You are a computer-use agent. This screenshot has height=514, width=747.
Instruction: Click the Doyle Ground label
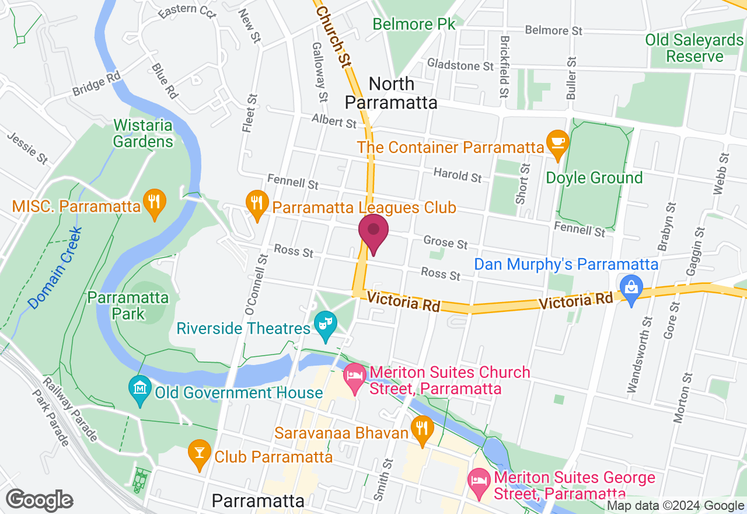pos(594,178)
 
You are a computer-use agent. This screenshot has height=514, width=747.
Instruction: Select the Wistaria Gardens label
pos(143,133)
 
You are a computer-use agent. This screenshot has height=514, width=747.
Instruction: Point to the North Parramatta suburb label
pos(391,93)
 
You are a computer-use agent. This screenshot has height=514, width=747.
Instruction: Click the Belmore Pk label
pos(413,24)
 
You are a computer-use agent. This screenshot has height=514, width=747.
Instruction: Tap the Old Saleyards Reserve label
pos(694,48)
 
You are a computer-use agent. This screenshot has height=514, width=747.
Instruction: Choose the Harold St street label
pos(458,175)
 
